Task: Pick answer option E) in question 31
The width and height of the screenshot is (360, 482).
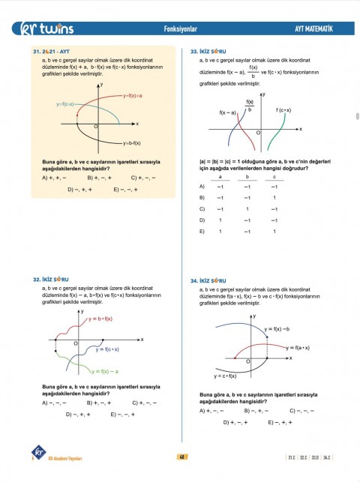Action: pos(125,190)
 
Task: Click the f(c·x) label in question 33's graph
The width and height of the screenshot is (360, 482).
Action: pos(283,110)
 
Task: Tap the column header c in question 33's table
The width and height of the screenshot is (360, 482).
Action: pos(274,177)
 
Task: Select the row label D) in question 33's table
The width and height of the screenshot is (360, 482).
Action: pos(202,220)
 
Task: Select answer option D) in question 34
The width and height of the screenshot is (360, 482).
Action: pos(236,423)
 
